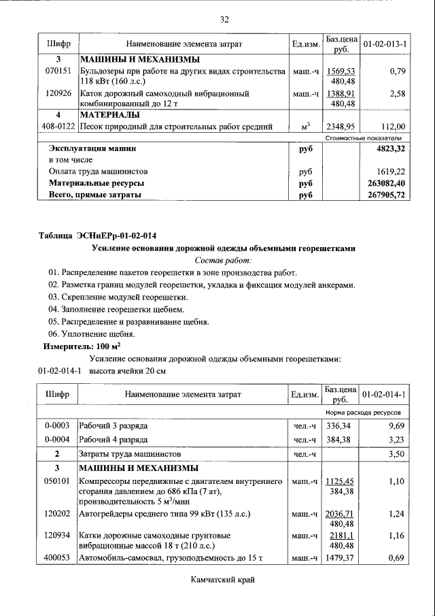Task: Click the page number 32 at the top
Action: click(224, 18)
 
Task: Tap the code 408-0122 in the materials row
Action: click(56, 126)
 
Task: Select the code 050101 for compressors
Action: click(56, 481)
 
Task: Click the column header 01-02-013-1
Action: click(385, 44)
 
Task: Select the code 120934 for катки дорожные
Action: click(56, 536)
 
